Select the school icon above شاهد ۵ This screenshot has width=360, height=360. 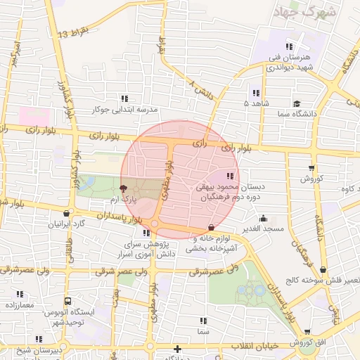(256, 92)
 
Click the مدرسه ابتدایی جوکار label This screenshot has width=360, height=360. (123, 110)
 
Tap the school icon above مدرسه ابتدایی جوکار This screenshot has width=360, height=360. (124, 99)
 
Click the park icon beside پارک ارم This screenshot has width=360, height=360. (124, 188)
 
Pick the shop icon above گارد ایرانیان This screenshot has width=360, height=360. (66, 214)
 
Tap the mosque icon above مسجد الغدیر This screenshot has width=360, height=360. (263, 218)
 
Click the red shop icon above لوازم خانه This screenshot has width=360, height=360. (212, 227)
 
